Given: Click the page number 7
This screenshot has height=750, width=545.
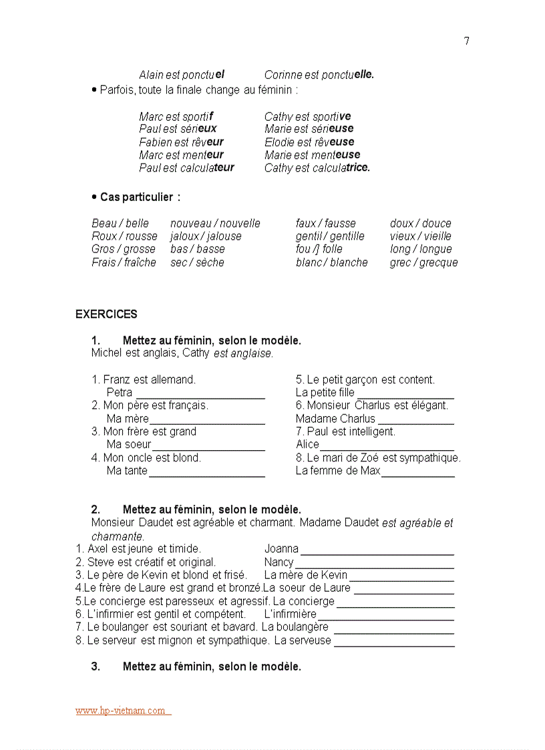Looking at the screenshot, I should (466, 41).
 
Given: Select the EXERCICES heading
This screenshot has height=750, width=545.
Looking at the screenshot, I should (106, 314).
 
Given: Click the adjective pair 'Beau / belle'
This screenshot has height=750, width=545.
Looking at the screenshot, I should (120, 224).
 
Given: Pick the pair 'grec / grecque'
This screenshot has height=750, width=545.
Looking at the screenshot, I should (423, 262).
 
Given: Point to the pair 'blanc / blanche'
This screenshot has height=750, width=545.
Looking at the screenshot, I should (331, 262).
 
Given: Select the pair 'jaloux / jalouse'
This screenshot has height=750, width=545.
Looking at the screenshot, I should (206, 236).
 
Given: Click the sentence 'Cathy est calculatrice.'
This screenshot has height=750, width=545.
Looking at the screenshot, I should (317, 168).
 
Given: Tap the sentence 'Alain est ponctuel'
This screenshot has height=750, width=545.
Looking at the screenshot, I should (182, 75).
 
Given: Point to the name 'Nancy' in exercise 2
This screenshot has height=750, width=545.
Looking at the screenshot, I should (279, 562).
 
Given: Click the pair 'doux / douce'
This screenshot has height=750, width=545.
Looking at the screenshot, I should (420, 224).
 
